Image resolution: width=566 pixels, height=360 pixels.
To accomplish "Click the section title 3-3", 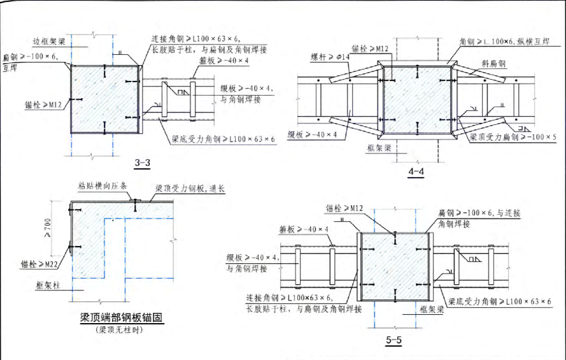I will (x=142, y=164).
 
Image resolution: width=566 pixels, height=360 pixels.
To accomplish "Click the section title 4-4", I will (x=416, y=171).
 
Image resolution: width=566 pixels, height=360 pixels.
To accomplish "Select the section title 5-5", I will (x=393, y=340).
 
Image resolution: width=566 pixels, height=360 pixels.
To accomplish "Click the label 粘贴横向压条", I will (x=103, y=185).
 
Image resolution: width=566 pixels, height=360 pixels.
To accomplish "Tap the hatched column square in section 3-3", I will (x=103, y=99).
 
